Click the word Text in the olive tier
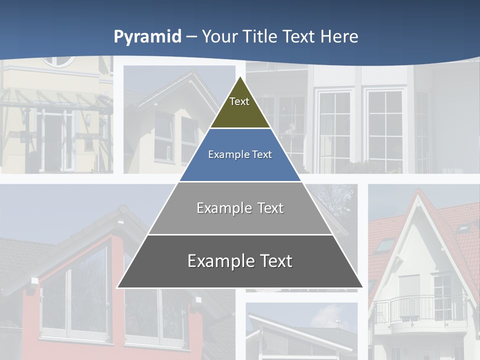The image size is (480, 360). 239,101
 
